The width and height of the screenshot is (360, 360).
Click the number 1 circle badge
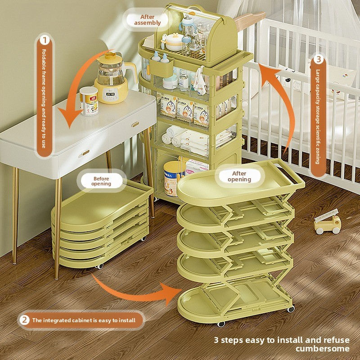44,40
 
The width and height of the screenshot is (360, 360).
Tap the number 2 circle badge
24,320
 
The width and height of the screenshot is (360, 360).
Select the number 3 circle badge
318,59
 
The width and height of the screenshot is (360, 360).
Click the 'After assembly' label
144,20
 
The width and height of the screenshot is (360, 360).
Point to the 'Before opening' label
101,181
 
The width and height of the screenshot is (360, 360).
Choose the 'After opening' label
239,176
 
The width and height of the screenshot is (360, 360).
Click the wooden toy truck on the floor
327,224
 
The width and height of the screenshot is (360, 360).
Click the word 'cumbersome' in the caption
322,348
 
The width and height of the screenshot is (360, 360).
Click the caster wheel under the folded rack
99,266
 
